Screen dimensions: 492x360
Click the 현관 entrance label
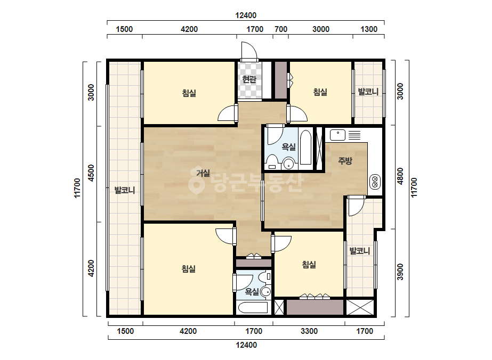click(x=249, y=79)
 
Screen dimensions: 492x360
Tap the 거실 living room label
click(x=203, y=173)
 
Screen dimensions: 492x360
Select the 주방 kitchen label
click(x=345, y=161)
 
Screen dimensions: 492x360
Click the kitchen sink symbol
click(x=337, y=135)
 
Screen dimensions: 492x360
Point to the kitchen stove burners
click(x=375, y=182)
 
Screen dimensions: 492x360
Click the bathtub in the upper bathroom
click(x=305, y=147)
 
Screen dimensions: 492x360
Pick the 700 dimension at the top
click(x=281, y=29)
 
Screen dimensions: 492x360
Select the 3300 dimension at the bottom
click(x=309, y=331)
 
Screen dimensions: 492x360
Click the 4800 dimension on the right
click(x=400, y=177)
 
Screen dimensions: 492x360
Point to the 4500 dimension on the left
click(x=91, y=173)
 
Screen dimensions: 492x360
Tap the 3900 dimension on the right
click(x=400, y=272)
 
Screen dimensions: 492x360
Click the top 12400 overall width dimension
click(x=246, y=15)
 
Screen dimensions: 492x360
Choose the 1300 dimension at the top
click(x=369, y=29)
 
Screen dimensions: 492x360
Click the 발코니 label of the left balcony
click(x=125, y=190)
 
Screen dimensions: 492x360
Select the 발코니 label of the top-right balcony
click(x=368, y=92)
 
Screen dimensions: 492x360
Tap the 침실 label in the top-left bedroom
click(x=189, y=93)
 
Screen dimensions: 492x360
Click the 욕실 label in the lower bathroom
click(x=252, y=292)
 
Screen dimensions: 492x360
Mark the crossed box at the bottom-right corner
click(x=360, y=307)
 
